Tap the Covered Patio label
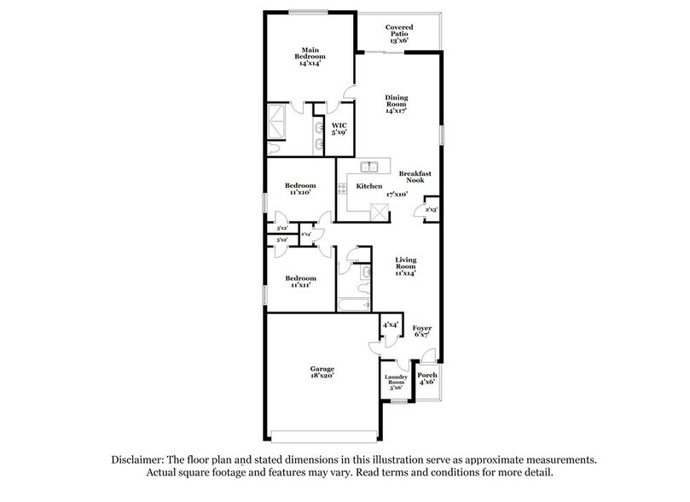click(399, 34)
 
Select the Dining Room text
click(395, 104)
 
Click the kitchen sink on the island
click(369, 166)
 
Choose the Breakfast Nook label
click(415, 177)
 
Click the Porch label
click(426, 377)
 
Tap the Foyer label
click(422, 330)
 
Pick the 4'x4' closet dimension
click(391, 324)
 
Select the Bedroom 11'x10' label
click(300, 189)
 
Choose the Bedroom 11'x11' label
click(300, 281)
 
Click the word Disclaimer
click(141, 459)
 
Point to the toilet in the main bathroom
click(273, 148)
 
